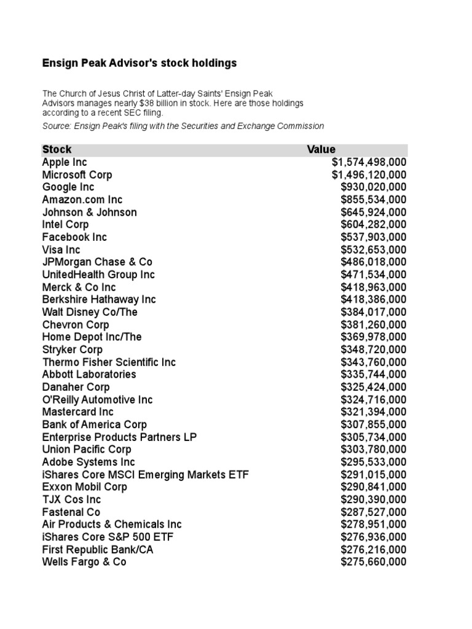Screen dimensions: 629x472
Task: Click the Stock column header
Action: coord(57,149)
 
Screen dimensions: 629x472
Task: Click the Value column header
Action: coord(321,149)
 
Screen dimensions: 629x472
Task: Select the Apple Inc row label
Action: coord(65,162)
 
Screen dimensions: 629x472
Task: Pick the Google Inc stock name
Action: coord(68,187)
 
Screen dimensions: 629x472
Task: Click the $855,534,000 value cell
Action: coord(373,200)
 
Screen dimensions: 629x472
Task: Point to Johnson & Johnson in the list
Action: coord(89,213)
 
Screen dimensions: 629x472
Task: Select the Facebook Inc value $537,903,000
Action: coord(373,237)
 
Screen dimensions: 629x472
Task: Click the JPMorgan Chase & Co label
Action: coord(97,262)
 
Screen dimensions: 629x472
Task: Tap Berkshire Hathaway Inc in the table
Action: coord(99,300)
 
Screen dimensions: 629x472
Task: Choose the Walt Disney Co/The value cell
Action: coord(373,312)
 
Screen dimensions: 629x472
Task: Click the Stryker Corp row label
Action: coord(73,350)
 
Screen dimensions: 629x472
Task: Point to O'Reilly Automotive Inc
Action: coord(97,400)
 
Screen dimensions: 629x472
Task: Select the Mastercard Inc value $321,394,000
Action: coord(373,412)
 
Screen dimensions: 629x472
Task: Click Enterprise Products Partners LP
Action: coord(119,437)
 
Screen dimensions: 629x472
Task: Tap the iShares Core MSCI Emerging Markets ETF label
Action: coord(146,475)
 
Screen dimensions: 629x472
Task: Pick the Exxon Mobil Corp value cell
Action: coord(373,487)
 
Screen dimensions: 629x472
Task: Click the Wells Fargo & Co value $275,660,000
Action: coord(373,562)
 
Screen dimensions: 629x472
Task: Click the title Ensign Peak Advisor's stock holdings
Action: coord(139,63)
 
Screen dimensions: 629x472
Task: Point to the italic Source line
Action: coord(183,126)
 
